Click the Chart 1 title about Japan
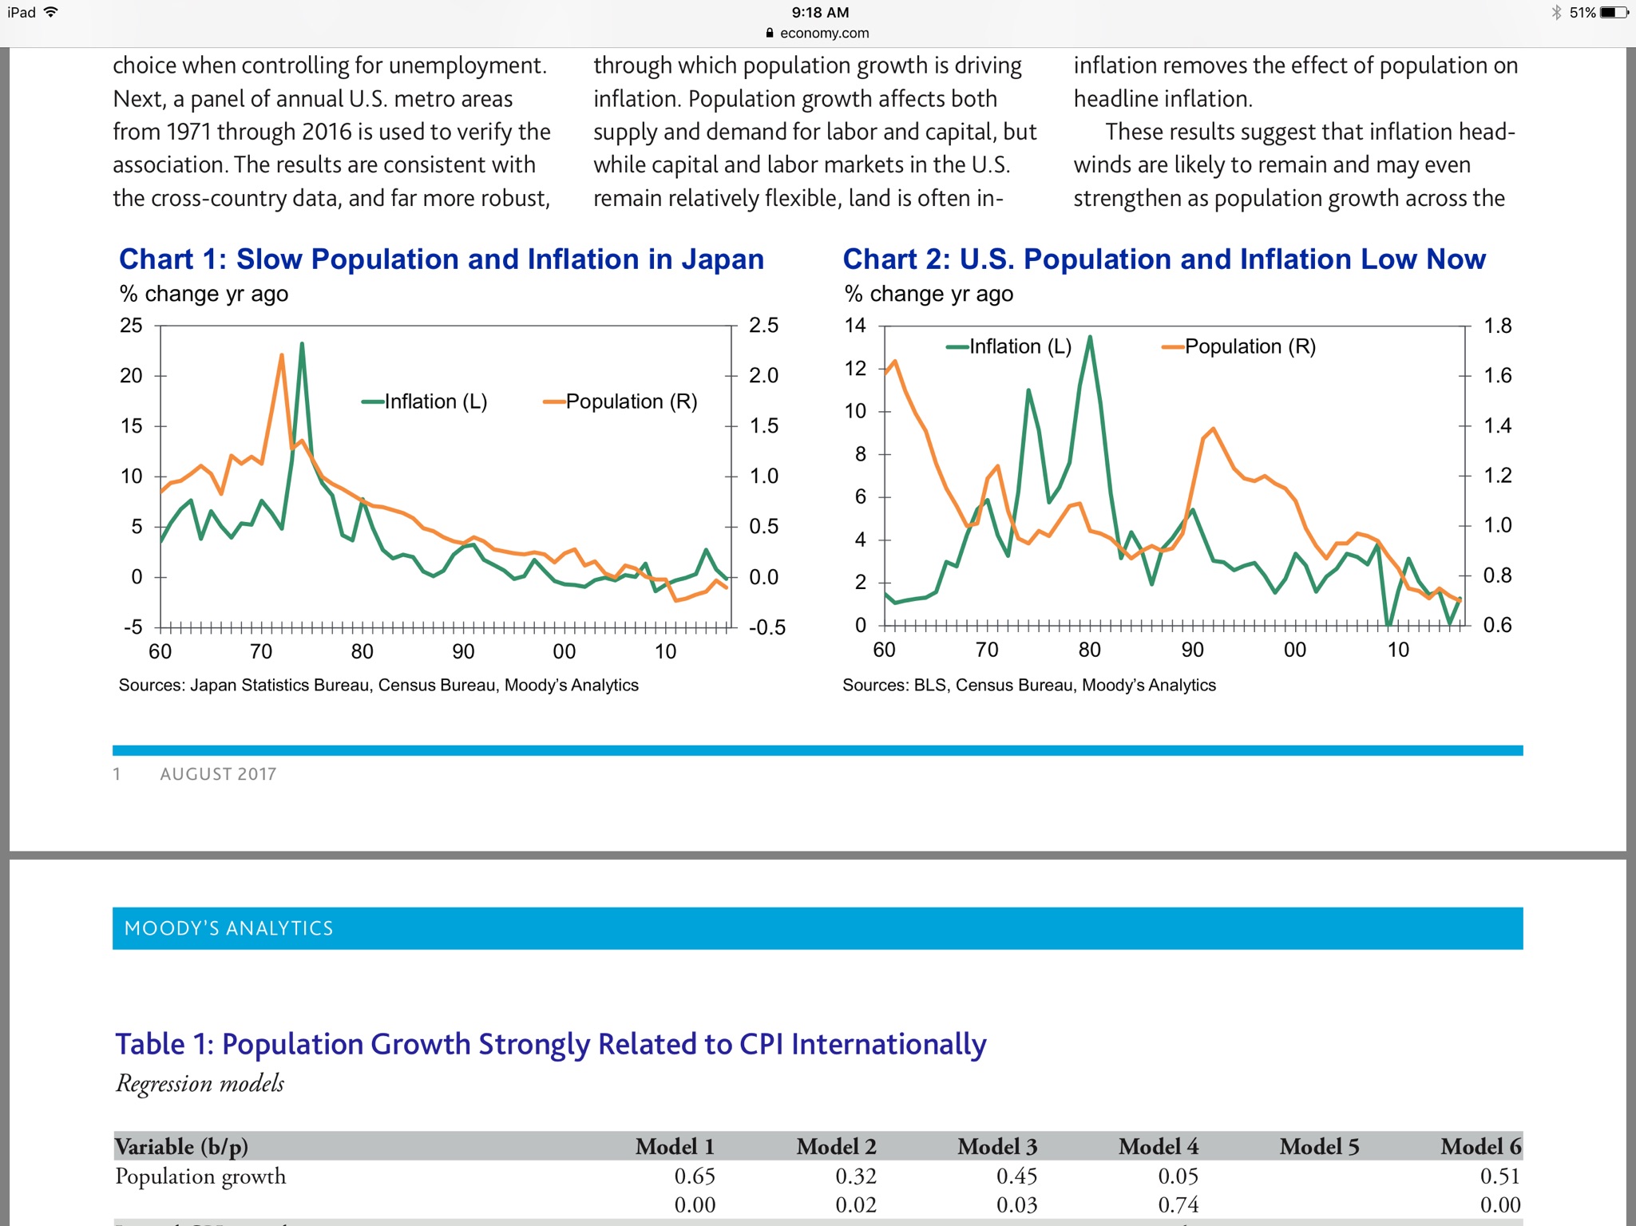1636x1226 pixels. tap(442, 259)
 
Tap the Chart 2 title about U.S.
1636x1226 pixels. tap(1163, 259)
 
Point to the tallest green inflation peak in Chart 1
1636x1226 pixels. tap(302, 345)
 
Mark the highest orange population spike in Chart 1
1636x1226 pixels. tap(282, 355)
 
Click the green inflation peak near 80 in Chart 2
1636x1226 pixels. tap(1090, 338)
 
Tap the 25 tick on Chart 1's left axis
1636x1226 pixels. tap(131, 326)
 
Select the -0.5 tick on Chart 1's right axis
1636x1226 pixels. tap(767, 627)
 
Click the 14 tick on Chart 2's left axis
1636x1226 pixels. tap(855, 326)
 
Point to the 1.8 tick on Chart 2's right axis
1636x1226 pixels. tap(1497, 326)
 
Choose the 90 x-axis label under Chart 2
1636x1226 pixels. tap(1192, 650)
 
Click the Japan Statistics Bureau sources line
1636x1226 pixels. tap(378, 685)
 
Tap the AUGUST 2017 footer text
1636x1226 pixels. tap(218, 774)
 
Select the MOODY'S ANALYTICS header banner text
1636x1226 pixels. tap(229, 928)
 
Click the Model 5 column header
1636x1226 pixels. tap(1319, 1147)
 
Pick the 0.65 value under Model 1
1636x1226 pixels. tap(695, 1176)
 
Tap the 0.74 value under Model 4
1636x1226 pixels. tap(1178, 1204)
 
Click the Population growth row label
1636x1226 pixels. tap(200, 1176)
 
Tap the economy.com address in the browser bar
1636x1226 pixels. tap(824, 34)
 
